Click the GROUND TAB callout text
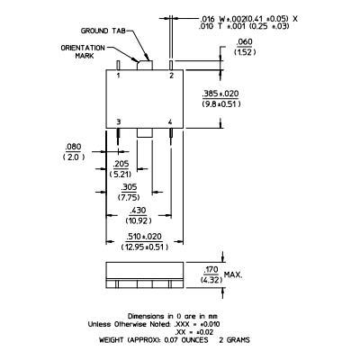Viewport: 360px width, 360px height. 103,31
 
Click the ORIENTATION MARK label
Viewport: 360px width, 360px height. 83,52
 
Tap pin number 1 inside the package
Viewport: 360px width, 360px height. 118,76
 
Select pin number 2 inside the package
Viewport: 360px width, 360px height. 171,76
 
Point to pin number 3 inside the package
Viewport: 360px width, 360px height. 119,121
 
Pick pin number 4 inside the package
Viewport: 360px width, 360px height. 170,121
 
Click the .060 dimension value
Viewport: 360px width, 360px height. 244,41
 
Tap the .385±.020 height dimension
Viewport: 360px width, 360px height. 220,94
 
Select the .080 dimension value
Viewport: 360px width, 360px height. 73,147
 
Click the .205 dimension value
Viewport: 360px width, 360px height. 121,164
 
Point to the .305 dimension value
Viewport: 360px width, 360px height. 129,187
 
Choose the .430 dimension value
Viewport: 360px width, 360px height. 138,211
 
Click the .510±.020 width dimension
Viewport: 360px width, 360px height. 144,237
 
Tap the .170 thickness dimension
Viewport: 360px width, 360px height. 211,270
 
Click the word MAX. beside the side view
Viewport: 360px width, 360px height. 233,274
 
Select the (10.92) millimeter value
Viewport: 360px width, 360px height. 138,220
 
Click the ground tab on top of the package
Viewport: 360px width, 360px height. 145,65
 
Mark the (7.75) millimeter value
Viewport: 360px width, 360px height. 129,198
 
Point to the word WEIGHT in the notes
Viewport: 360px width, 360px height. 111,340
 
